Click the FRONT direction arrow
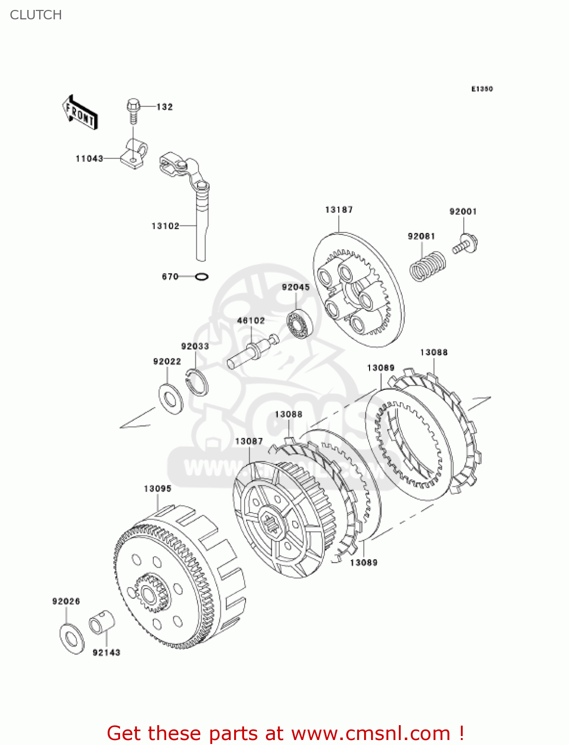point(80,113)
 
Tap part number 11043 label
point(89,158)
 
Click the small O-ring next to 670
point(201,277)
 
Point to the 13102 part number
point(165,226)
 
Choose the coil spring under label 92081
point(427,266)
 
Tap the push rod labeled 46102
point(252,351)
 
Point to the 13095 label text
point(157,489)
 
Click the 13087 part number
point(249,441)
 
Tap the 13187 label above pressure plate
point(339,210)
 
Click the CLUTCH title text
point(36,15)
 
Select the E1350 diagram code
point(482,89)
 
